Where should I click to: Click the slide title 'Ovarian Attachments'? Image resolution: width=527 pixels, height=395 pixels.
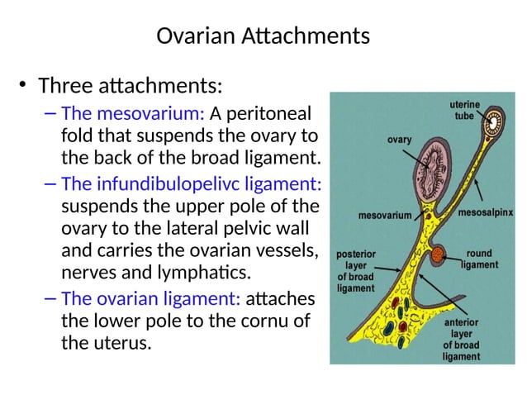click(x=263, y=37)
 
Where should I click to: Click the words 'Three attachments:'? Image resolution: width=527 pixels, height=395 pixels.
click(x=131, y=85)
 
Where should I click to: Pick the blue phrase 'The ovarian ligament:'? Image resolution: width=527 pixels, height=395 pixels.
click(x=151, y=297)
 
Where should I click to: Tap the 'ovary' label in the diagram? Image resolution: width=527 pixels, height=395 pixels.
click(x=399, y=140)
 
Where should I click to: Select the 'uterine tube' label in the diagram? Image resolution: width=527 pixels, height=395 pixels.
click(x=463, y=111)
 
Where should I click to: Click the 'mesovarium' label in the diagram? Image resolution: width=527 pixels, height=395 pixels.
click(x=384, y=216)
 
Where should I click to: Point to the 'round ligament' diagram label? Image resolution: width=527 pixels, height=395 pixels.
click(x=479, y=259)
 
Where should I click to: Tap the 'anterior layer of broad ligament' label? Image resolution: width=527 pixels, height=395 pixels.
click(x=461, y=339)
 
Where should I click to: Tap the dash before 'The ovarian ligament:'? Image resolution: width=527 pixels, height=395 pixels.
click(x=50, y=298)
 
